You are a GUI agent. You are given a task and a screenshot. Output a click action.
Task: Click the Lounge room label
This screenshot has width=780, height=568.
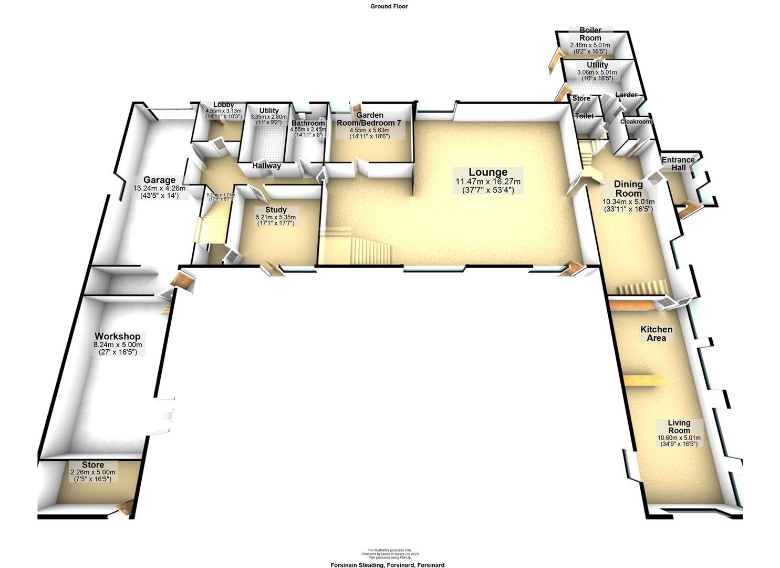pos(488,172)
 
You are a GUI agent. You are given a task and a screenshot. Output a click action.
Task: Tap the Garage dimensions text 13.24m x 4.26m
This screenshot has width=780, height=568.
pos(160,188)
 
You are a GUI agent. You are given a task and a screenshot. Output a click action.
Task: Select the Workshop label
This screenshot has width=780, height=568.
pos(118,336)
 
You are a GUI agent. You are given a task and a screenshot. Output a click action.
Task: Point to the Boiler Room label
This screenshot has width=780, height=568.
pos(590,34)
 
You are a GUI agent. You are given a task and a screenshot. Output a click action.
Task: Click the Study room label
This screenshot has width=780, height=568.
pos(276,210)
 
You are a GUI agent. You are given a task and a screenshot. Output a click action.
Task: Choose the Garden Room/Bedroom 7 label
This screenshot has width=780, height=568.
pos(370,118)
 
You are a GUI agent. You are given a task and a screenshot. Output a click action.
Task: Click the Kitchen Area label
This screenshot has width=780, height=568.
pos(656,333)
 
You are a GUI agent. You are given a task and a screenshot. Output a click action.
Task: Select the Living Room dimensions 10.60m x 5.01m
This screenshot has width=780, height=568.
pos(679,438)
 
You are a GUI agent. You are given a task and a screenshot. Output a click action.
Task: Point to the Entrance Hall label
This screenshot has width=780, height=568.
pos(678,164)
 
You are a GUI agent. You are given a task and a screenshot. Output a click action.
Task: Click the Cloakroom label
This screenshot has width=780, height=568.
pos(636,121)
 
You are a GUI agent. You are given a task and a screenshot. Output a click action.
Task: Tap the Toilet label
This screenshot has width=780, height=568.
pos(584,116)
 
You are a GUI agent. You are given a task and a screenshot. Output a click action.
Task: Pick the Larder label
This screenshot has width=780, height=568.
pos(626,95)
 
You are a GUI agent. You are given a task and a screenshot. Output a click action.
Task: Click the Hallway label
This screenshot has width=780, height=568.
pos(266,166)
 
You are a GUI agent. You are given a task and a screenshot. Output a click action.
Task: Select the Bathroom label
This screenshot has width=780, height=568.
pos(308,123)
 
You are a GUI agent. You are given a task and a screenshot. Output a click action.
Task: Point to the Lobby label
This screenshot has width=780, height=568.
pos(223,105)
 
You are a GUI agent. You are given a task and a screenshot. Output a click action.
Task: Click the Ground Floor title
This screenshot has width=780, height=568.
pos(389,6)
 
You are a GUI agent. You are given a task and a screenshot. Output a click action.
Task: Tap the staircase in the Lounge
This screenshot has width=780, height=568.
pos(362,247)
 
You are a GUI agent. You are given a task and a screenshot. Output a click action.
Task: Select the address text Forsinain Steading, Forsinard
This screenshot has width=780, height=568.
pos(387,565)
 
